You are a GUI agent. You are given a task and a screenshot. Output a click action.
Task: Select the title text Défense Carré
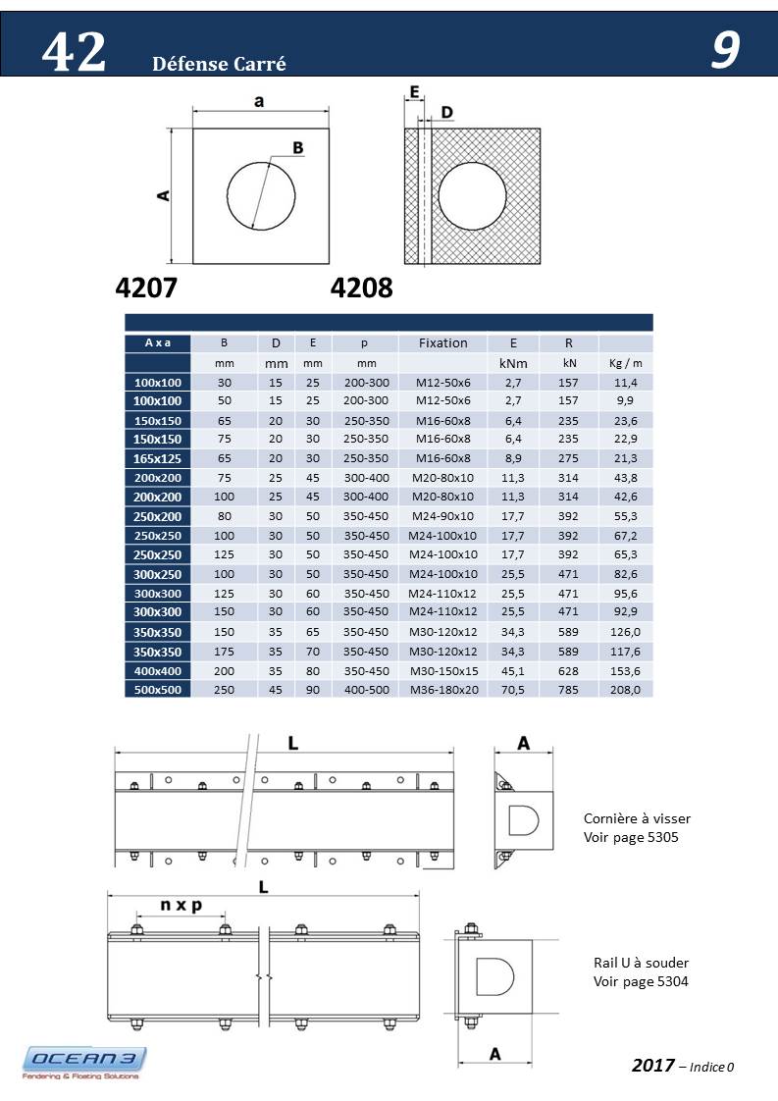click(219, 65)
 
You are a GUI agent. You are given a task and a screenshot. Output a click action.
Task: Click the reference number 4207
click(146, 288)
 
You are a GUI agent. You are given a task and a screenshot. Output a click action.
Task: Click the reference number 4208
click(362, 288)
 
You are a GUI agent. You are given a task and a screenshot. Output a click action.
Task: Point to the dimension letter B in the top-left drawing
click(298, 148)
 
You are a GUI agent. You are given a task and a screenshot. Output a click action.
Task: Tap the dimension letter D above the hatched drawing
click(446, 113)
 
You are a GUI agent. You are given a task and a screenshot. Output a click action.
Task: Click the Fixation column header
click(443, 343)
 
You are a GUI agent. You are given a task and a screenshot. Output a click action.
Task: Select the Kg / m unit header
click(625, 363)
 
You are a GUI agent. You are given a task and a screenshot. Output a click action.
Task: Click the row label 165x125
click(157, 457)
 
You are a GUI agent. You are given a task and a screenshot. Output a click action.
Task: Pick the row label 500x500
click(157, 690)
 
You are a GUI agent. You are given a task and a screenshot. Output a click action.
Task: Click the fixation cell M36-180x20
click(443, 690)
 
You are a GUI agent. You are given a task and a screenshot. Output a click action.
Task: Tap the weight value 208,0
click(625, 690)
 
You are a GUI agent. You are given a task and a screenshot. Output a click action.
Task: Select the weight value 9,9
click(625, 400)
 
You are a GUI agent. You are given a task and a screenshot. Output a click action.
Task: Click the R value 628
click(569, 670)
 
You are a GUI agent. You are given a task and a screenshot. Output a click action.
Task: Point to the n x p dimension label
click(182, 906)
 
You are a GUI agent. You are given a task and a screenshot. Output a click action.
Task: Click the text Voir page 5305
click(631, 838)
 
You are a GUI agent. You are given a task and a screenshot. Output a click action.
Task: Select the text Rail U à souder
click(641, 963)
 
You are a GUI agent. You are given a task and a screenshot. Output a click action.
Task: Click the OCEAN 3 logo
click(84, 1062)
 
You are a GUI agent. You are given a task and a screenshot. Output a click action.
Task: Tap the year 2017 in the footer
click(652, 1066)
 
